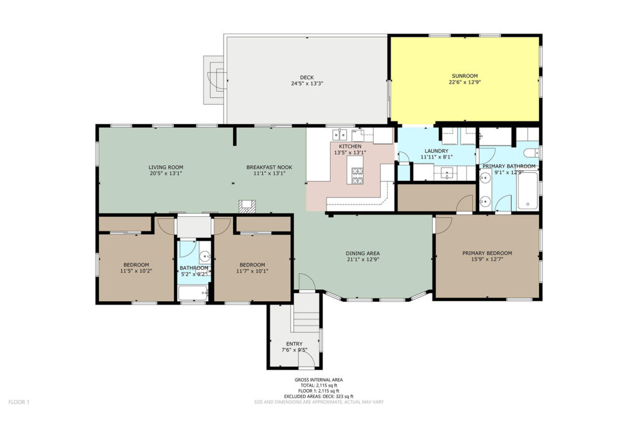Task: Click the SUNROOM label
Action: click(x=465, y=75)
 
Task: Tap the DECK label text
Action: click(x=307, y=77)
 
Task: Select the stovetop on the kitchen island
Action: click(x=357, y=175)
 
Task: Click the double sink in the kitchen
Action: click(x=340, y=134)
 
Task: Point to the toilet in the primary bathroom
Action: click(x=531, y=153)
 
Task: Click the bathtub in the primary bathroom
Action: click(x=528, y=191)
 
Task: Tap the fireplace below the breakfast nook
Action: click(x=247, y=206)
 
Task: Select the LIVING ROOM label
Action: click(x=166, y=167)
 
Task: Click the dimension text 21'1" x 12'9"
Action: click(x=363, y=259)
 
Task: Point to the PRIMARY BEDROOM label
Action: click(x=487, y=253)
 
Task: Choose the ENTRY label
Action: click(x=294, y=344)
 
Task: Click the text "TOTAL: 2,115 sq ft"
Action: click(x=318, y=385)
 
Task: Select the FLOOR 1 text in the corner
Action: click(x=19, y=402)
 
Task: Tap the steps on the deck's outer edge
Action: click(x=214, y=80)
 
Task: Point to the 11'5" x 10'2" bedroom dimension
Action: click(x=136, y=271)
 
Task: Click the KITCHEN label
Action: click(x=350, y=146)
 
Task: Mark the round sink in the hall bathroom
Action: click(x=204, y=257)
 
